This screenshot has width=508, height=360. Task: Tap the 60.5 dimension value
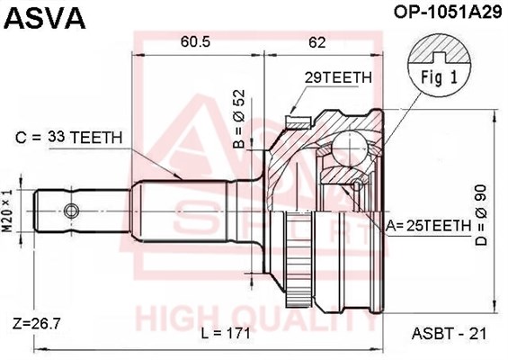(x=196, y=41)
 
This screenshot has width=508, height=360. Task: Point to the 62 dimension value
(x=316, y=42)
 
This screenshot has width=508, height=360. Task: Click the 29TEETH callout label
(x=338, y=77)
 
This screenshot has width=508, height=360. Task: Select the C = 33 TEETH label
(x=69, y=138)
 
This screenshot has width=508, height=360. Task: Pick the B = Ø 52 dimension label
(x=239, y=119)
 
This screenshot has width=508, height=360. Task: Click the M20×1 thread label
(x=8, y=211)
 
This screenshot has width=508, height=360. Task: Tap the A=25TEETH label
(x=428, y=226)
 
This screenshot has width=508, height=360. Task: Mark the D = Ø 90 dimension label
(x=481, y=215)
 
